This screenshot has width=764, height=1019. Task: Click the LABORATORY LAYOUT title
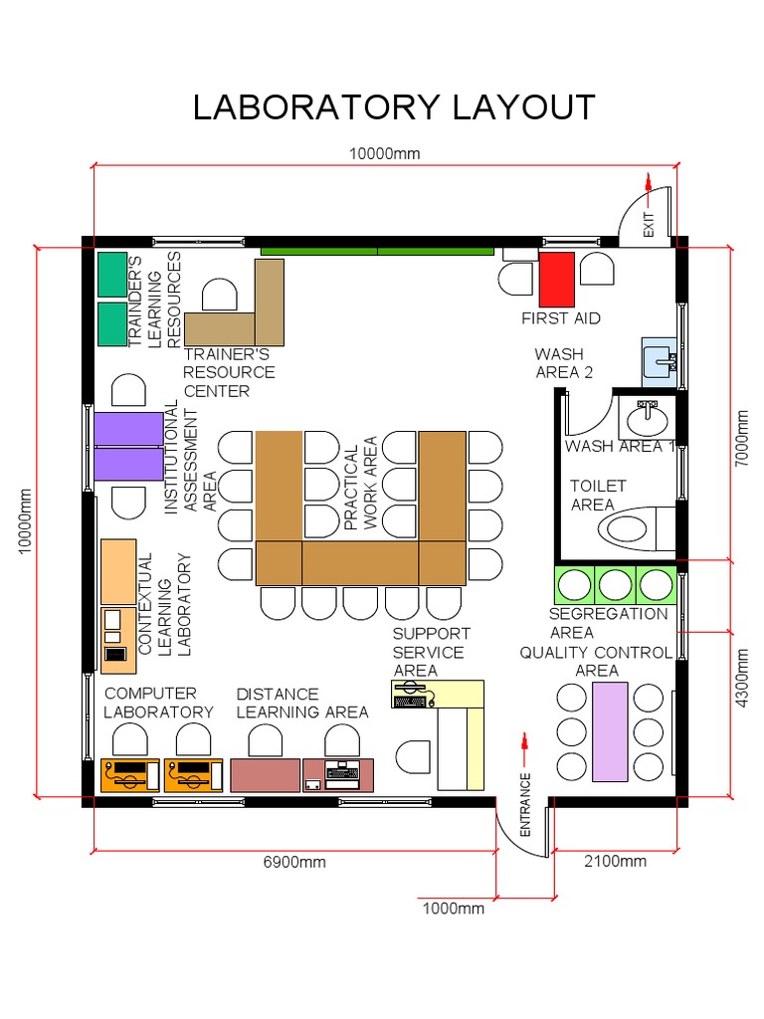click(394, 106)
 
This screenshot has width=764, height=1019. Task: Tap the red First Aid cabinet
click(556, 279)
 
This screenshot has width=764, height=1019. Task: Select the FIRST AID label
click(561, 318)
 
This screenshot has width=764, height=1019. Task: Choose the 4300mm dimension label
click(742, 678)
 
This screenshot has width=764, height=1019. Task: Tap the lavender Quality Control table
click(610, 731)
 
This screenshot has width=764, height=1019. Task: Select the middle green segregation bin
click(615, 584)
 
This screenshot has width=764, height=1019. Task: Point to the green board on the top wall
click(377, 250)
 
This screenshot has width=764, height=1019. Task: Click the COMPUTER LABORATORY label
click(158, 703)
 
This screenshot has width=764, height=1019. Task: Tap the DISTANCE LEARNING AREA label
click(301, 703)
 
